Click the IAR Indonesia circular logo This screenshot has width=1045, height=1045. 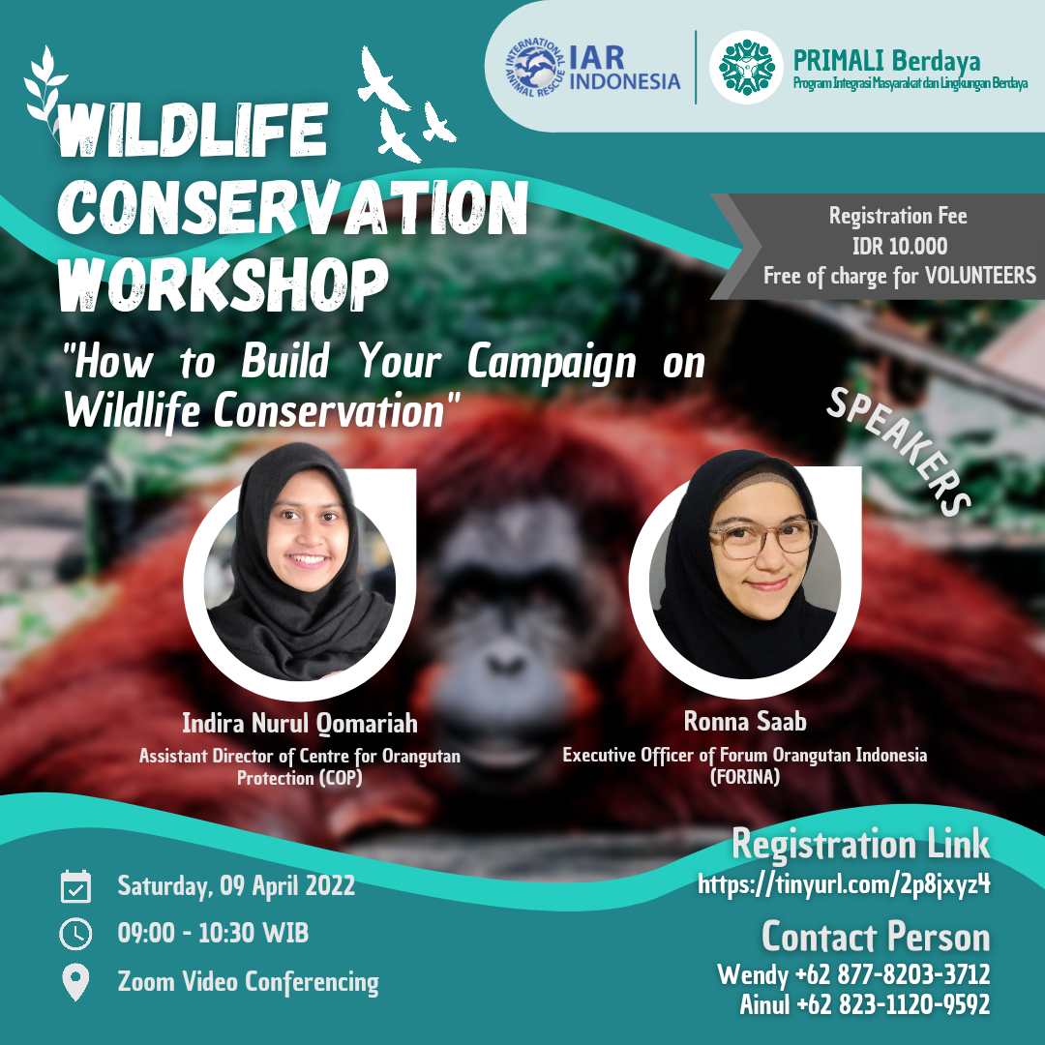pos(535,68)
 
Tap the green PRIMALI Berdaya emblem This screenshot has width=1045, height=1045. pos(746,68)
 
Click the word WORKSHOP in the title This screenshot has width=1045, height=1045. pos(224,284)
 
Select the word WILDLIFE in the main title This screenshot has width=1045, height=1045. pos(193,130)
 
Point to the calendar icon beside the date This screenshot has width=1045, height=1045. pos(75,886)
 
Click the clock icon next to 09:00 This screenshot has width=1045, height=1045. pos(75,933)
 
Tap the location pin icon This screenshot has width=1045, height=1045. pos(75,982)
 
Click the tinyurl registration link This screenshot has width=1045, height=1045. pos(844,884)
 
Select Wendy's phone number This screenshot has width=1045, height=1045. pos(893,974)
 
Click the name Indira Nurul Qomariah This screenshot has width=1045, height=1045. pos(300,723)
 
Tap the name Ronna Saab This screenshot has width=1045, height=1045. pos(745,721)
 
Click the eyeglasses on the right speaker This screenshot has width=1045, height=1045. pos(761,538)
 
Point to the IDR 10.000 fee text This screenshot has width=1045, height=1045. pos(900,246)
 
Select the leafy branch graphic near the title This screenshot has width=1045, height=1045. pos(45,87)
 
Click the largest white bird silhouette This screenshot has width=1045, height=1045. pos(382,78)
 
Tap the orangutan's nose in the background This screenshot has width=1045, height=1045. pos(506,663)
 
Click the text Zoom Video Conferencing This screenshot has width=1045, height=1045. pos(248,982)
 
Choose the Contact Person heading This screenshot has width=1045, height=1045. pos(876,937)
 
